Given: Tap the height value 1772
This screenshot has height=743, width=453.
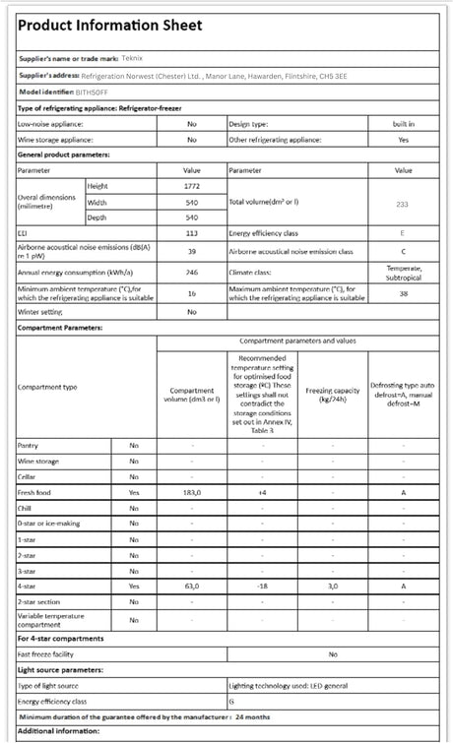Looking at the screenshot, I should pyautogui.click(x=192, y=185).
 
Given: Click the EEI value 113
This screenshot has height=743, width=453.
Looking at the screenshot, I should pyautogui.click(x=192, y=233).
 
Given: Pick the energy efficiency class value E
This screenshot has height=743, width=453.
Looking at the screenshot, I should pyautogui.click(x=403, y=233).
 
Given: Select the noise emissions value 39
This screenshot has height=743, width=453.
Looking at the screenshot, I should pyautogui.click(x=192, y=251).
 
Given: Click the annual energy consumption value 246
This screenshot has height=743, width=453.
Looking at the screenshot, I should pyautogui.click(x=192, y=272).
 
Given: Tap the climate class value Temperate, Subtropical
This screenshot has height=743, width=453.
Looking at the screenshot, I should pyautogui.click(x=403, y=272).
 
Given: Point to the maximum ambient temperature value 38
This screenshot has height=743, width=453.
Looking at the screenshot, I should pyautogui.click(x=403, y=292).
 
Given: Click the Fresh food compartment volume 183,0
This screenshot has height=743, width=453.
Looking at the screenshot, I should pyautogui.click(x=192, y=491).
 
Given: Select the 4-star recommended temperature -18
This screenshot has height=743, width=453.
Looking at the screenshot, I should pyautogui.click(x=263, y=586).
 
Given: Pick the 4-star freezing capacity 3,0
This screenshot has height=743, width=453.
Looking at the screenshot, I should pyautogui.click(x=333, y=586).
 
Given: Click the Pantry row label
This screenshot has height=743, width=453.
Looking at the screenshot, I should pyautogui.click(x=29, y=446).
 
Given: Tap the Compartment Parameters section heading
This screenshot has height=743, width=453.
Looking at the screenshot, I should pyautogui.click(x=60, y=327).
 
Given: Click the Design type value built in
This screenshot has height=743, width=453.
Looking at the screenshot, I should pyautogui.click(x=403, y=124).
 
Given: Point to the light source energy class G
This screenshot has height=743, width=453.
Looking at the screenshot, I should pyautogui.click(x=231, y=701).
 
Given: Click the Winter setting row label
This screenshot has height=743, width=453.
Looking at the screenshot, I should pyautogui.click(x=40, y=311).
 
